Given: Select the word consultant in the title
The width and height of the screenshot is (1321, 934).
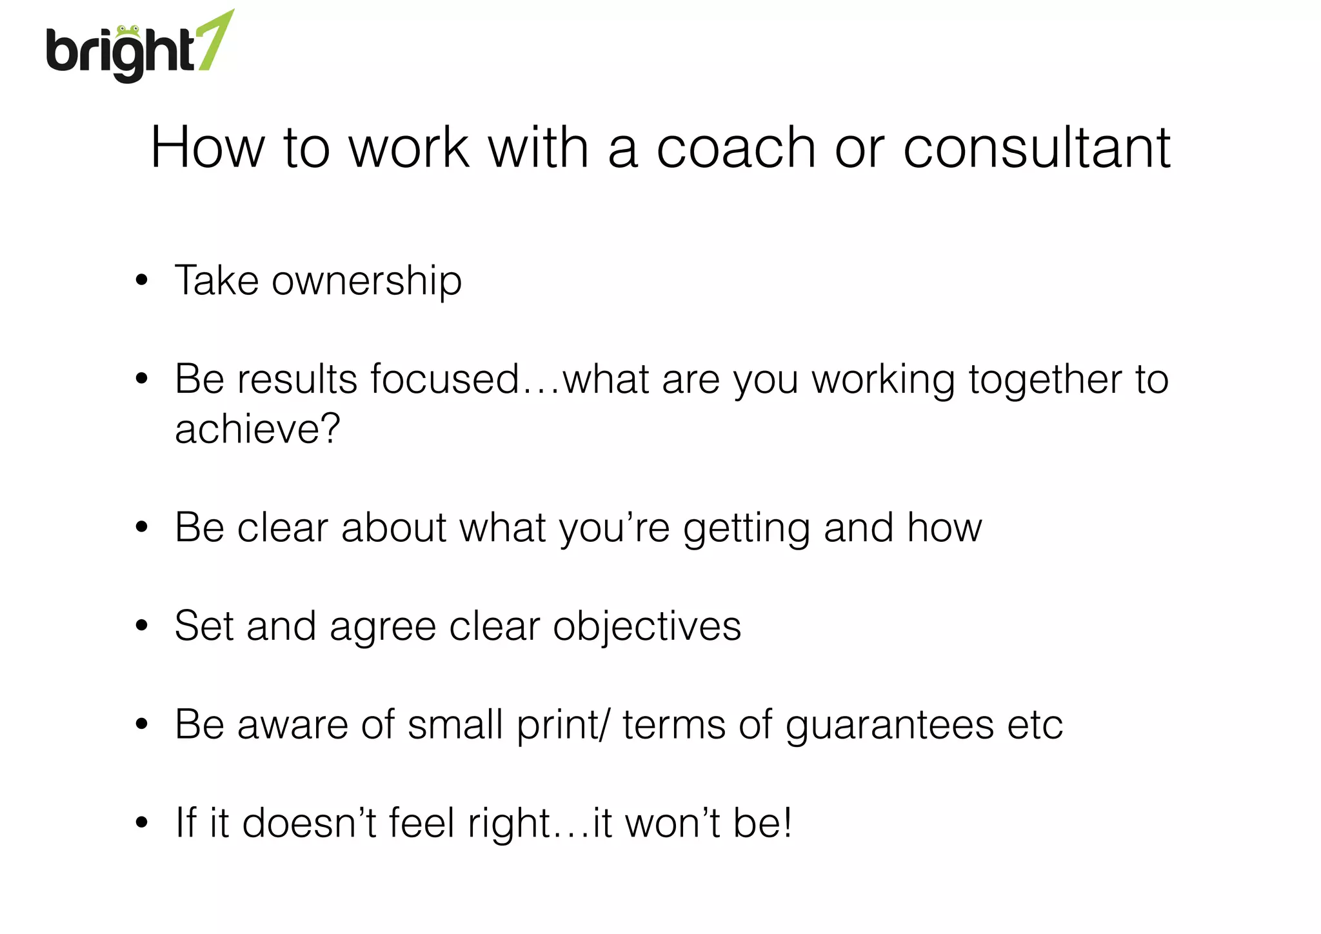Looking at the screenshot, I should coord(1036,148).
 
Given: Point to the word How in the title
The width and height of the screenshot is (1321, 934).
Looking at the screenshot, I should coord(207,148).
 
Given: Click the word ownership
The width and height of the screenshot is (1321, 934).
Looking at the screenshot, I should coord(366,281).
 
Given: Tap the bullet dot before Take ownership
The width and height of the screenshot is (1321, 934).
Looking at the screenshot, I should coord(142,281).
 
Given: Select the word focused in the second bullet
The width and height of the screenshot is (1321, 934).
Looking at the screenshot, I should coord(444,379).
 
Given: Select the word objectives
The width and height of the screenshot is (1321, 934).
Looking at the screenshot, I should coord(646,627).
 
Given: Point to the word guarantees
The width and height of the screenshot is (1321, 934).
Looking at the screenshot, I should coord(889,726).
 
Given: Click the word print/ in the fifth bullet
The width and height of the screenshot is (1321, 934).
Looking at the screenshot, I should coord(562,726).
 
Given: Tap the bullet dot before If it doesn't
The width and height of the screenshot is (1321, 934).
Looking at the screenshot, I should coord(142,822).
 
